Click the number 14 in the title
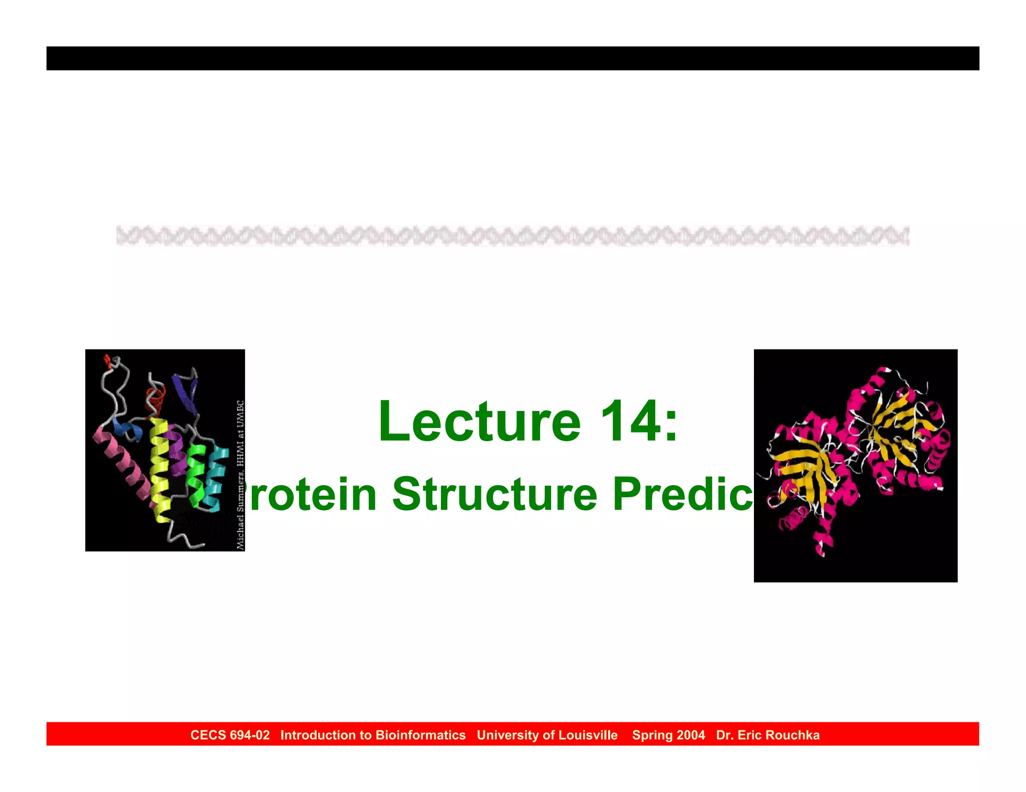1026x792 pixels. point(629,422)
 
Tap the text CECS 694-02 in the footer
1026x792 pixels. point(230,735)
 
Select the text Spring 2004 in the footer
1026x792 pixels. point(668,735)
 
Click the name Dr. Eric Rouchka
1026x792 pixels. point(767,735)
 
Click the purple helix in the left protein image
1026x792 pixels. point(176,451)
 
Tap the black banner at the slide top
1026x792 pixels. point(512,58)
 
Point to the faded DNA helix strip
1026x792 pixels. point(512,236)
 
